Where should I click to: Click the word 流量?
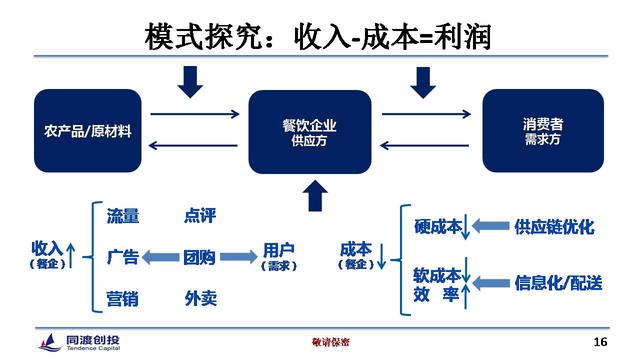pos(123,216)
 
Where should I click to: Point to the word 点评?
pos(200,216)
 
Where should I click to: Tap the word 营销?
pos(123,298)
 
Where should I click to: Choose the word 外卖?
pos(200,298)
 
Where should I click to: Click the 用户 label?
pos(278,250)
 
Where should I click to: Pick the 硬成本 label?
pos(437,227)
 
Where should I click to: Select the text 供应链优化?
pos(553,227)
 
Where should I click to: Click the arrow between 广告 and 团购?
pos(161,257)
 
